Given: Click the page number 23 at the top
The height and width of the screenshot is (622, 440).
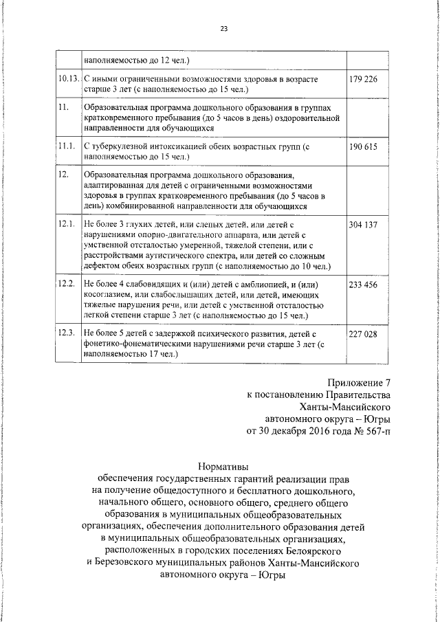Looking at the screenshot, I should (223, 28).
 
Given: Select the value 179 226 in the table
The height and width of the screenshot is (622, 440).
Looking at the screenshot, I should (363, 80).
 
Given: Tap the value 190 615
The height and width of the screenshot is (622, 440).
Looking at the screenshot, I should (363, 147).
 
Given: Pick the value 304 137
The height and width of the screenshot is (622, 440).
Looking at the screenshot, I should (363, 225).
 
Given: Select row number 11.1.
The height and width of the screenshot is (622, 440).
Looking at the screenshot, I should (67, 147).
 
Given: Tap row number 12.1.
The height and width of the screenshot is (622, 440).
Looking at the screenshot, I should (67, 225).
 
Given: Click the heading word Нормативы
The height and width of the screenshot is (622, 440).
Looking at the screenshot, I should (223, 465).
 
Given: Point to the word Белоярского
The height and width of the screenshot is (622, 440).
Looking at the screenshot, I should (326, 551).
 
